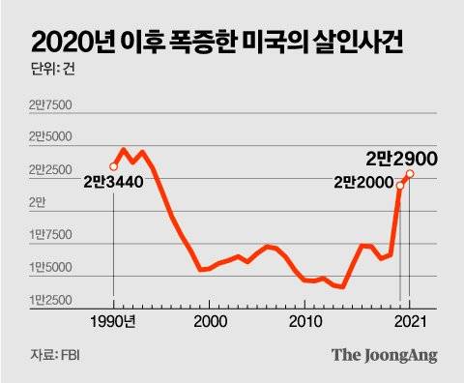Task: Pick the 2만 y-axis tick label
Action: (39, 202)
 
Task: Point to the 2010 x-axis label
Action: (304, 321)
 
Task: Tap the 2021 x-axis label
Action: (409, 321)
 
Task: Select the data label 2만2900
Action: (403, 158)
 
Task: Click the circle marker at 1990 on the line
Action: (114, 166)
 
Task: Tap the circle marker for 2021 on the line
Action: (410, 174)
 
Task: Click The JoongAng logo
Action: (385, 355)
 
